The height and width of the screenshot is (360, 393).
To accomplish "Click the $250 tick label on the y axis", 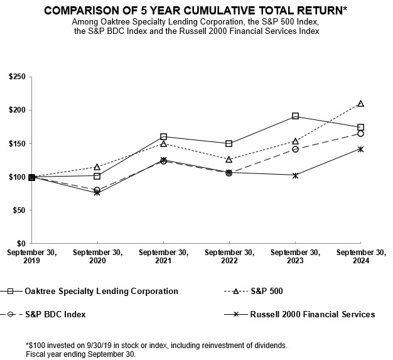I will click(x=16, y=77).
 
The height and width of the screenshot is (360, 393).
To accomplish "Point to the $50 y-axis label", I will click(x=18, y=210).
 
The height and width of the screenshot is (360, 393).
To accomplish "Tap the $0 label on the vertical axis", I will click(x=21, y=243).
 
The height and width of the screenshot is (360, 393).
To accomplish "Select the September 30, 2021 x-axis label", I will click(x=163, y=256).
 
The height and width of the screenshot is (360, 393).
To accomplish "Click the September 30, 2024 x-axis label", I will click(x=360, y=256).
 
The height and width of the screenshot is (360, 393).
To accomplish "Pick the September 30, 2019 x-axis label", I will click(x=31, y=256).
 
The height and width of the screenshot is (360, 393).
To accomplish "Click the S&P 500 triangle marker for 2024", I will click(x=360, y=104).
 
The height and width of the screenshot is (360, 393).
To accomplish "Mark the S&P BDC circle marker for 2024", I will click(x=360, y=133).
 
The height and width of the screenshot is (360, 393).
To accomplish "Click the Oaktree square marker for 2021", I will click(x=163, y=136).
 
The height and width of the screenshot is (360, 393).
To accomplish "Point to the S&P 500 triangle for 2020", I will click(x=97, y=167).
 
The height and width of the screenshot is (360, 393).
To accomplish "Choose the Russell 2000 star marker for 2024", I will click(x=360, y=149).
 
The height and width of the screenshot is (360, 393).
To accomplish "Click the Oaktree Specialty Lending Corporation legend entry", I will click(x=100, y=291).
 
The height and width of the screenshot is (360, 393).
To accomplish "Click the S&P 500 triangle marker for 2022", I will click(x=229, y=160).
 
